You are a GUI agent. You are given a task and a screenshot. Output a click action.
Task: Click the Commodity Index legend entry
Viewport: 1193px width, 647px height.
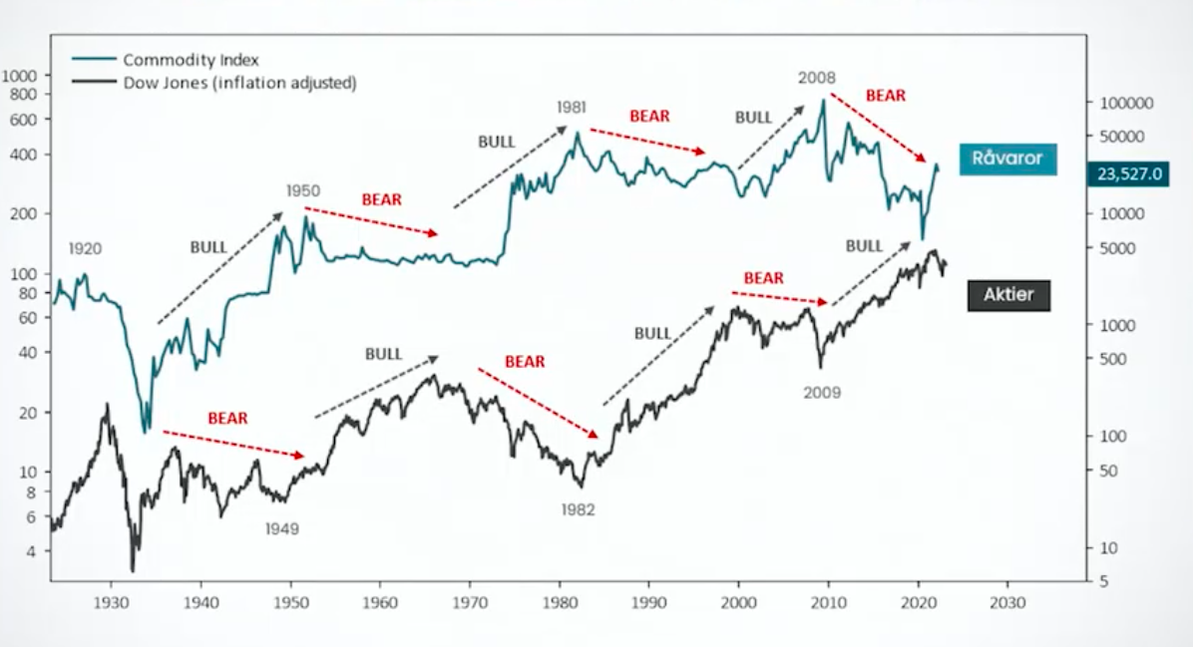[x=190, y=60]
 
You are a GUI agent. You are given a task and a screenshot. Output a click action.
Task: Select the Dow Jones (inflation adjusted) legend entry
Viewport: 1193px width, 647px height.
[x=239, y=83]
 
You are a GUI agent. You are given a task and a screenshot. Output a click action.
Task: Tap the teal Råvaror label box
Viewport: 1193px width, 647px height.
[x=1007, y=159]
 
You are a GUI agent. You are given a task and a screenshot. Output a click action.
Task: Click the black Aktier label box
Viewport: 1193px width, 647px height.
[x=1007, y=295]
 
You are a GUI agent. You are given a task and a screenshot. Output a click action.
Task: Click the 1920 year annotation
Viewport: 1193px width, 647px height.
[x=85, y=248]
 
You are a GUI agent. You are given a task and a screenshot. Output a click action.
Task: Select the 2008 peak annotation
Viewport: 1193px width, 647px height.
[x=816, y=77]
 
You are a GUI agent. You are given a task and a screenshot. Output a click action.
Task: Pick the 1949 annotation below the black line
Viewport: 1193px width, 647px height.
[x=281, y=528]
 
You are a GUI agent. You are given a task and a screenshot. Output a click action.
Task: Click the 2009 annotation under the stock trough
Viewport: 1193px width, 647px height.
[x=822, y=392]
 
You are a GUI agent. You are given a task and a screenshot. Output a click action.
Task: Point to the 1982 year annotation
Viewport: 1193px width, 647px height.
[x=577, y=509]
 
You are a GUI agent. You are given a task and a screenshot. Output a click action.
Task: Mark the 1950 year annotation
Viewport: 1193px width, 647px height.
[x=302, y=189]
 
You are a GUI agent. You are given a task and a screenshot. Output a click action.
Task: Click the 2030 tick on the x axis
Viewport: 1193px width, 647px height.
[x=1006, y=603]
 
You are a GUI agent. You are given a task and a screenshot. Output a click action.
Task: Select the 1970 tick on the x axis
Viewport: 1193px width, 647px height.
[x=469, y=603]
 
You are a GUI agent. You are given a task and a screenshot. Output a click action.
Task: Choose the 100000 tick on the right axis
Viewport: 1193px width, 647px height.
[x=1125, y=103]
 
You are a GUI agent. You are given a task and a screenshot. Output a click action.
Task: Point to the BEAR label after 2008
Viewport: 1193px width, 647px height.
[x=886, y=96]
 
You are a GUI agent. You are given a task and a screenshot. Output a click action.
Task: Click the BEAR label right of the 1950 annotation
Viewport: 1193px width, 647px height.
[x=381, y=199]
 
